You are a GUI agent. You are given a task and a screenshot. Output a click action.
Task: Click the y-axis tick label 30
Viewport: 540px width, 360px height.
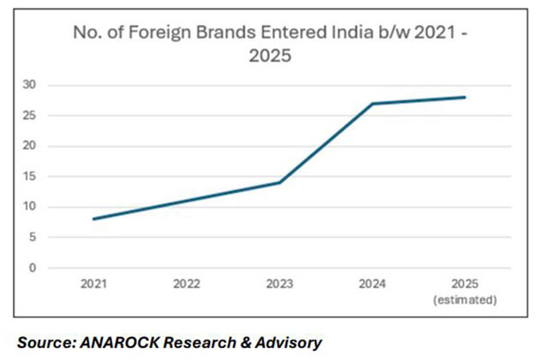pyautogui.click(x=31, y=85)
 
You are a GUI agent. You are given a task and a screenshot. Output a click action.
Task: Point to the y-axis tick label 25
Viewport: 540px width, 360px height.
pyautogui.click(x=31, y=115)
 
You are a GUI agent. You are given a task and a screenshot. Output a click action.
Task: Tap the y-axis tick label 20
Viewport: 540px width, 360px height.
pyautogui.click(x=31, y=146)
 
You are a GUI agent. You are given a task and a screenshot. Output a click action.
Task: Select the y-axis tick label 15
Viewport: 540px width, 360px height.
pyautogui.click(x=31, y=176)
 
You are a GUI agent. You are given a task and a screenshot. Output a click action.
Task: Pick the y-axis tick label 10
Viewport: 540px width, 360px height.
pyautogui.click(x=31, y=207)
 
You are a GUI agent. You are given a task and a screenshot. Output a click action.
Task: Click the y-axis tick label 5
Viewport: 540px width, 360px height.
pyautogui.click(x=33, y=237)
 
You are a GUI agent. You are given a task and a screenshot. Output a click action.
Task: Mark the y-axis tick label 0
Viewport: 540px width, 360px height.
pyautogui.click(x=33, y=267)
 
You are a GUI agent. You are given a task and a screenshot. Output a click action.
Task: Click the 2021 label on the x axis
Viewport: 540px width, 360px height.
pyautogui.click(x=93, y=285)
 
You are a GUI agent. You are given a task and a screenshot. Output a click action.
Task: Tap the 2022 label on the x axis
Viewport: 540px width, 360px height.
pyautogui.click(x=186, y=285)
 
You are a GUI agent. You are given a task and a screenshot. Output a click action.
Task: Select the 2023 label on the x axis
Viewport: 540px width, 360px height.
pyautogui.click(x=279, y=285)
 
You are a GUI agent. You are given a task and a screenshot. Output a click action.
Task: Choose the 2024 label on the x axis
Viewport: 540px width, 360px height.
pyautogui.click(x=371, y=285)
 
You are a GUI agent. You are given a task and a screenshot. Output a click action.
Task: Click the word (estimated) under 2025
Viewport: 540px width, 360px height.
pyautogui.click(x=465, y=299)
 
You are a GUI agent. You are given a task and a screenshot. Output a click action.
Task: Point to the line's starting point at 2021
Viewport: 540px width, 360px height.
pyautogui.click(x=93, y=219)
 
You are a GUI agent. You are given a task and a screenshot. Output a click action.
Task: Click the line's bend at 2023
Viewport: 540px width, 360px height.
pyautogui.click(x=279, y=183)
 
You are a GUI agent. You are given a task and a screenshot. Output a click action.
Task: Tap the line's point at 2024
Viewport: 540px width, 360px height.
pyautogui.click(x=371, y=104)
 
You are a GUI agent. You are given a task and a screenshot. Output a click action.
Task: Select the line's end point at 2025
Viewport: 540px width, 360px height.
pyautogui.click(x=465, y=97)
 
